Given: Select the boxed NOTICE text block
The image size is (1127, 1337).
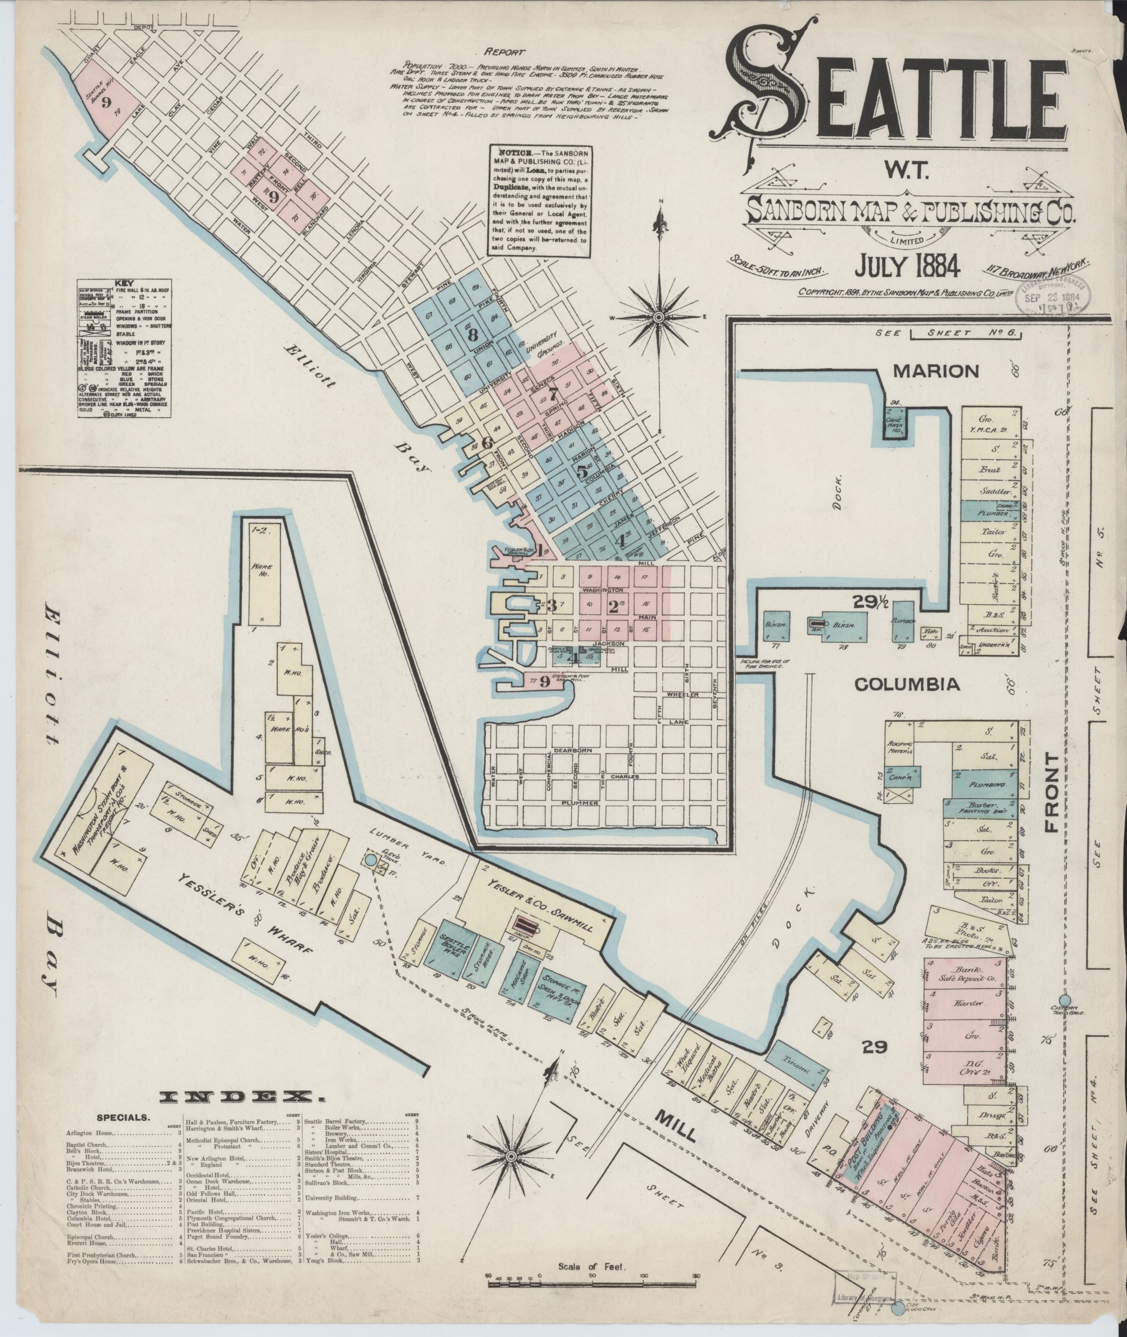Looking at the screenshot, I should pos(538,201).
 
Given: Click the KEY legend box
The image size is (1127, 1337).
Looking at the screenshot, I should pos(125,349).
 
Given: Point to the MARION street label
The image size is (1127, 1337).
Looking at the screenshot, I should pos(935,370).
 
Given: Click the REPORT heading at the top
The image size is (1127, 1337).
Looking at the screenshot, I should pos(504,52).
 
